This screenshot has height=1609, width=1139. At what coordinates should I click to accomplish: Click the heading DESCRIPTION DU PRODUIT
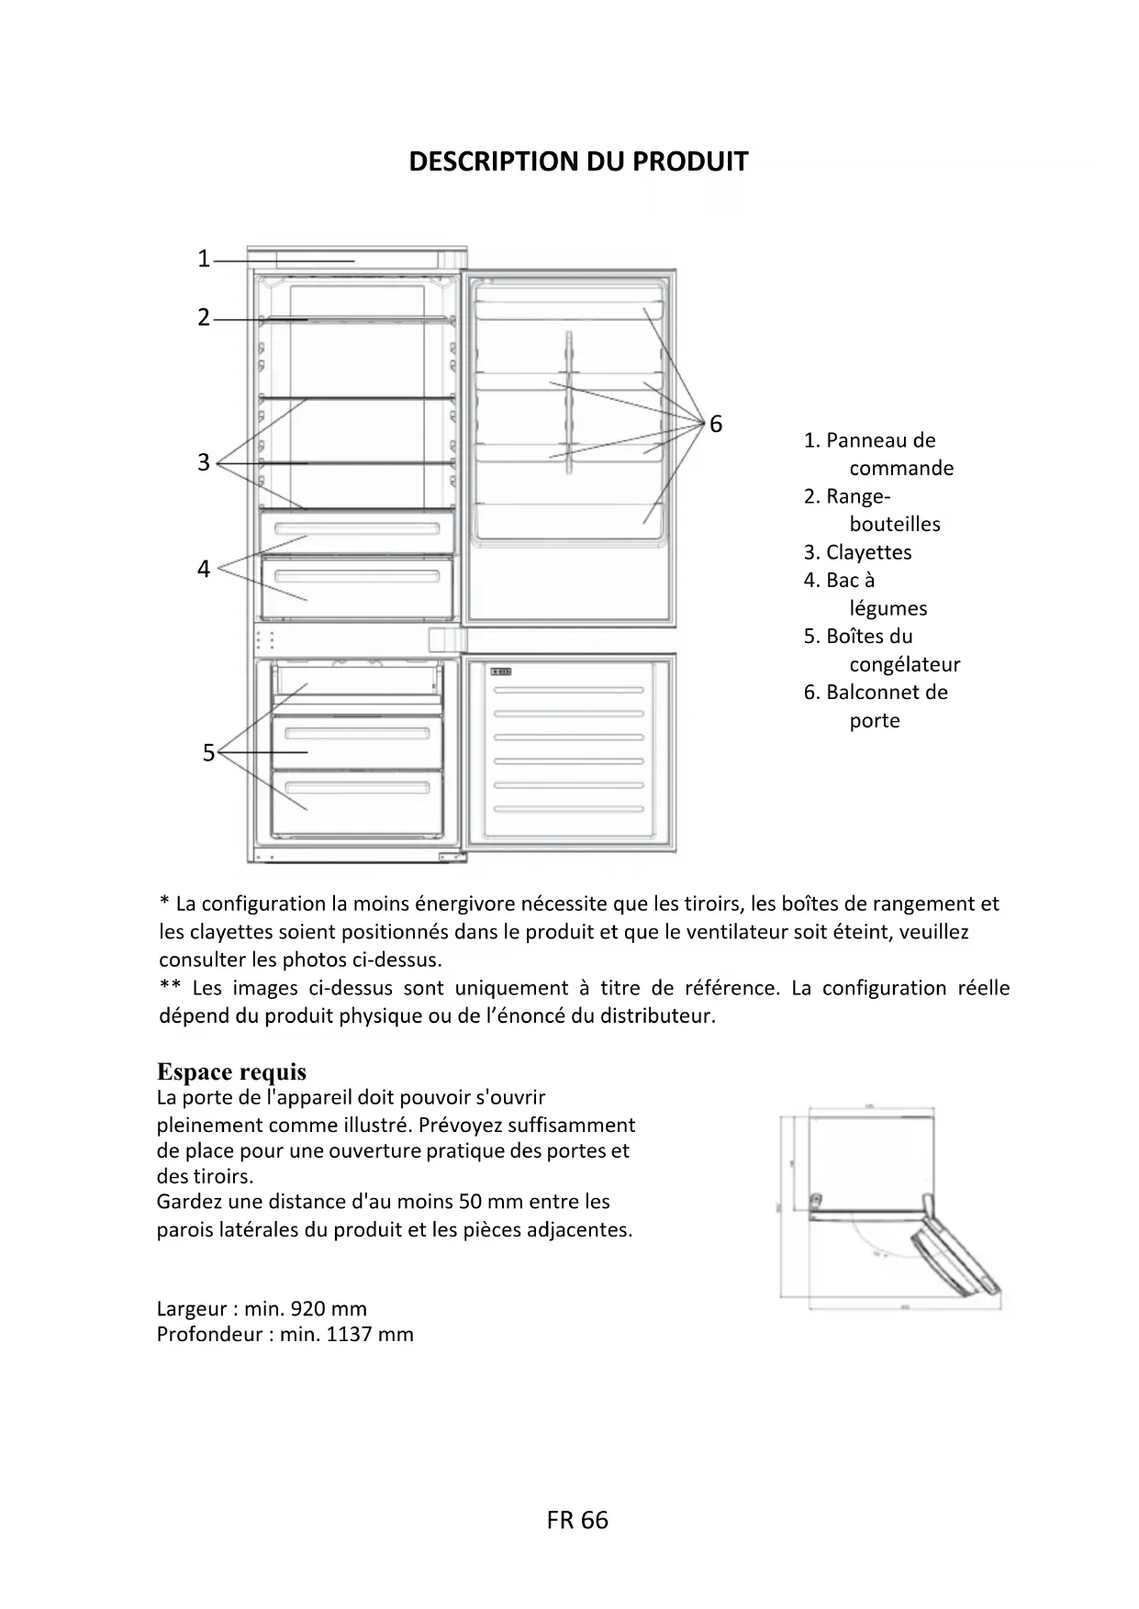[578, 161]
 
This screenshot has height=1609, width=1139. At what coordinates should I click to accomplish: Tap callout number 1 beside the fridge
[204, 260]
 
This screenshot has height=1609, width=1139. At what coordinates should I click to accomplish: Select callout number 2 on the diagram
[204, 318]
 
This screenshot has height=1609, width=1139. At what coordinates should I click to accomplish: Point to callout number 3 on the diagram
[204, 462]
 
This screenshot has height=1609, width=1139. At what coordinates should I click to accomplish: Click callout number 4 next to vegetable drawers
[204, 569]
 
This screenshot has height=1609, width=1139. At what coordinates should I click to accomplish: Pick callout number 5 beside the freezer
[208, 753]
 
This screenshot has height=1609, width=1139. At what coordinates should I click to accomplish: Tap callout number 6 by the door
[716, 424]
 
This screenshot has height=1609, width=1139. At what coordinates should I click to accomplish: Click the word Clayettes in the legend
[868, 552]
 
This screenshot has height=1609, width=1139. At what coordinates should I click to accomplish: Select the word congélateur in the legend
[904, 664]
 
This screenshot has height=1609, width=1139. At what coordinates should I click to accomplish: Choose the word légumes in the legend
[888, 608]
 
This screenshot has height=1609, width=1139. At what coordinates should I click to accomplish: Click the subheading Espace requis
[231, 1071]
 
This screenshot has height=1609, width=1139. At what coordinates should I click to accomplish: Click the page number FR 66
[577, 1520]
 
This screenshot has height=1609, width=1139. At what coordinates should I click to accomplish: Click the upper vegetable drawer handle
[357, 529]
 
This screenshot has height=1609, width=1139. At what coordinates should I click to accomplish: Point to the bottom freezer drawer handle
[357, 787]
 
